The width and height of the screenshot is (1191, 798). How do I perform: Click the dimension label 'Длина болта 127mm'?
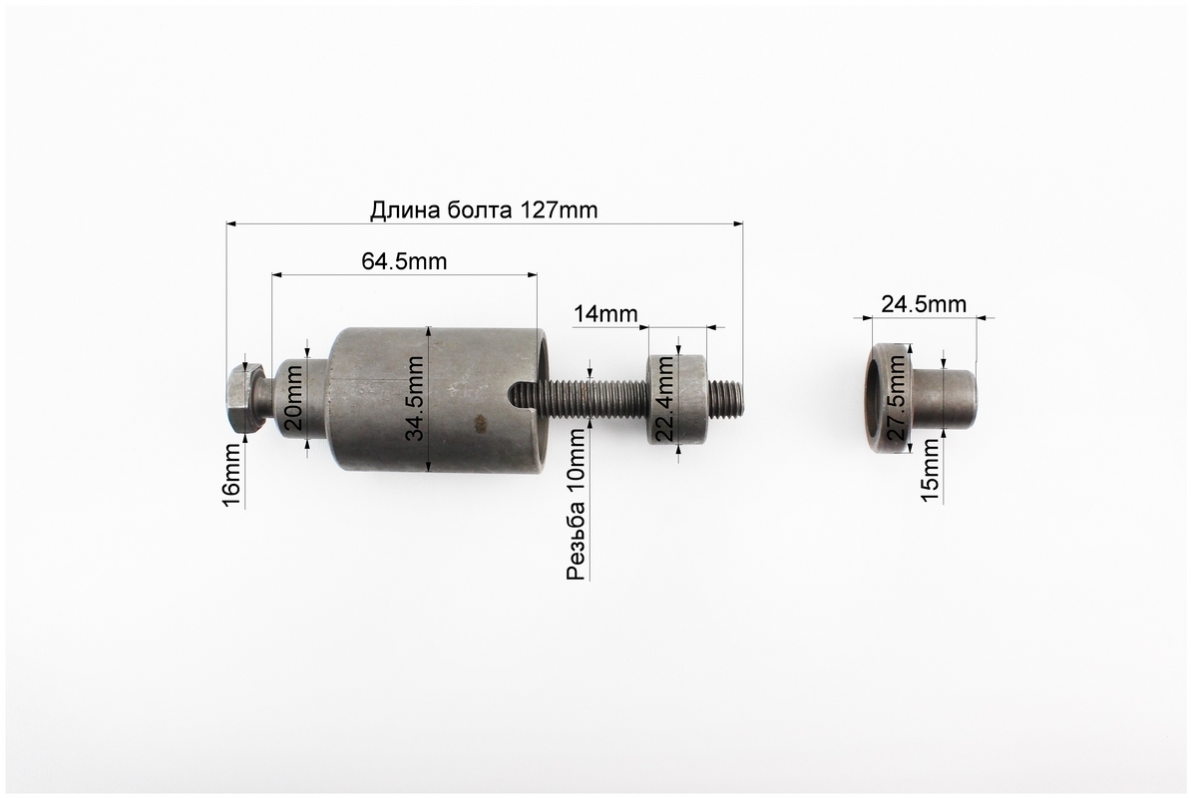tap(484, 209)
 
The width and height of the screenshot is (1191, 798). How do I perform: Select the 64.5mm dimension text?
tap(404, 261)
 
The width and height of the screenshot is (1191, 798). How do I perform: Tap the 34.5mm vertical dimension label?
tap(415, 399)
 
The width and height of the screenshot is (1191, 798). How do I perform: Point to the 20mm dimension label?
tap(293, 397)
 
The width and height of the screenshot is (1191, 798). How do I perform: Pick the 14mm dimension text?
tap(605, 313)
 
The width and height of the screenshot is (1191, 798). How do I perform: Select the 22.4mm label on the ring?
tap(665, 399)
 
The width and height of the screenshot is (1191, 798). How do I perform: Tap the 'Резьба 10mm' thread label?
tap(577, 505)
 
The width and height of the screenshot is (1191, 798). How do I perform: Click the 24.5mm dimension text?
tap(924, 304)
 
